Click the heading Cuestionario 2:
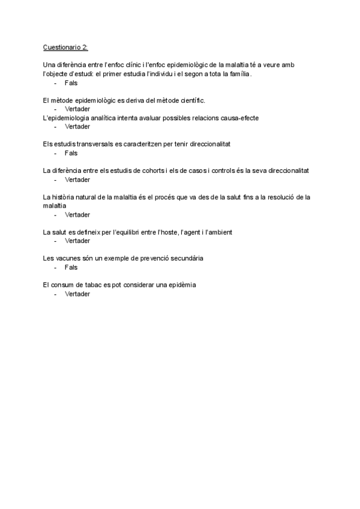pos(65,47)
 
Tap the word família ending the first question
pos(238,74)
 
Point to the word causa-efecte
pos(238,118)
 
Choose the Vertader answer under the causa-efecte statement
pos(77,127)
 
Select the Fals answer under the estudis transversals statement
pos(71,153)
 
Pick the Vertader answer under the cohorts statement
pos(77,179)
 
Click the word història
pos(65,197)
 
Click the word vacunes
pos(68,258)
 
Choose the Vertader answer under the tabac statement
pos(77,294)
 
